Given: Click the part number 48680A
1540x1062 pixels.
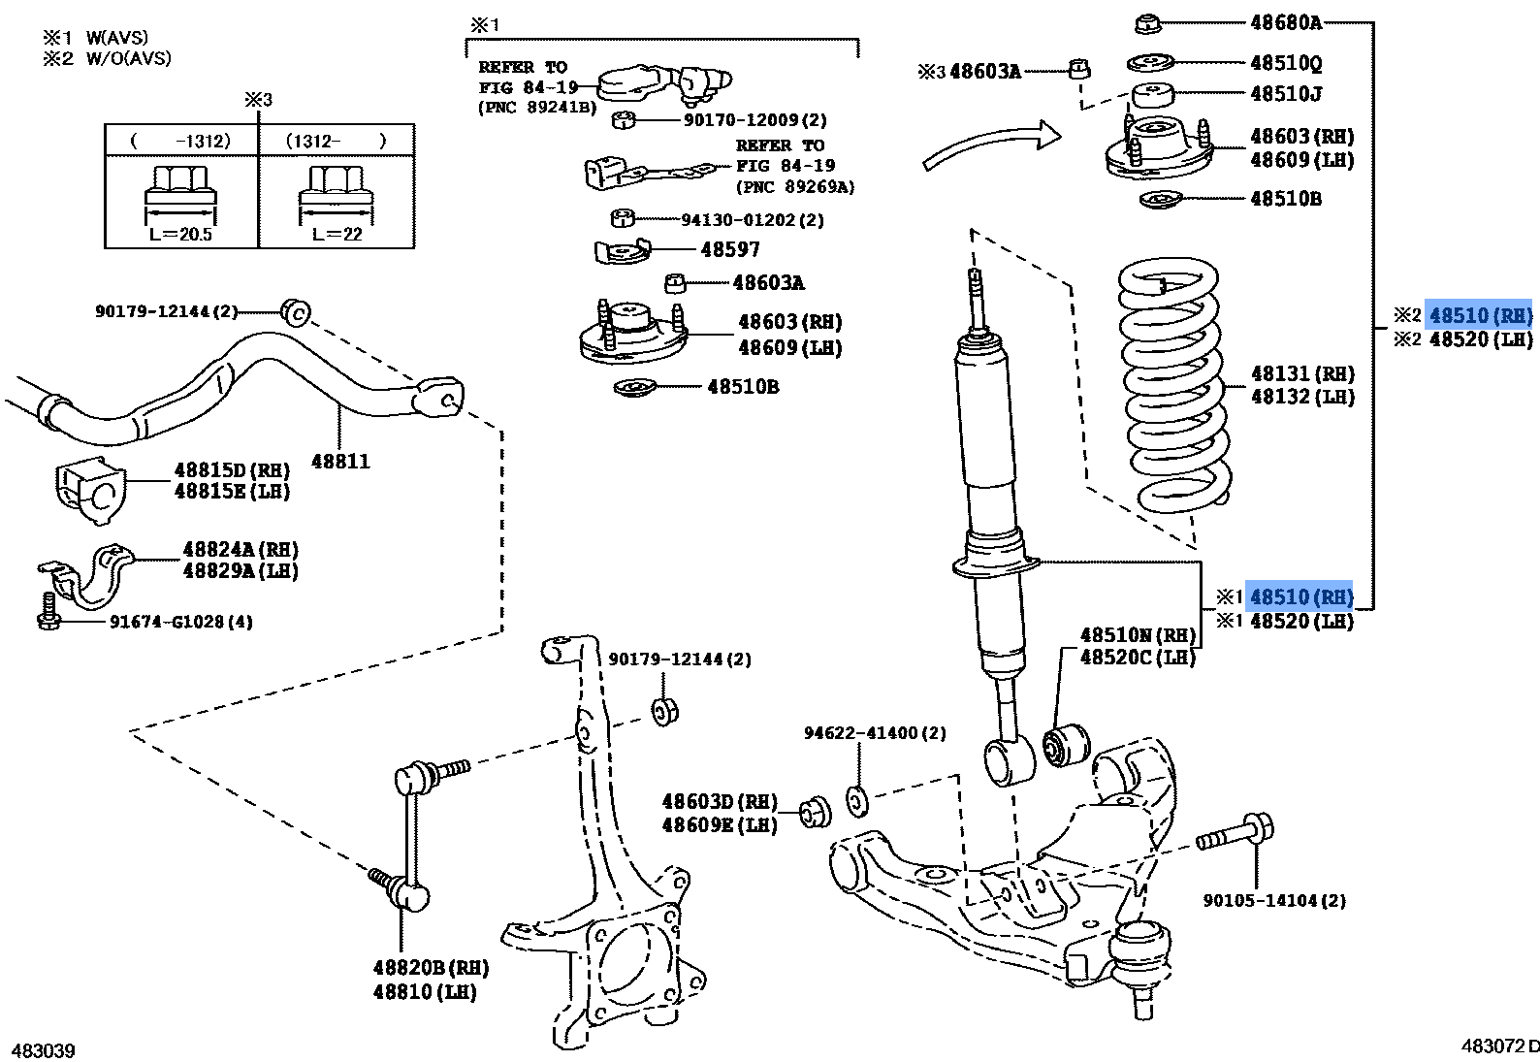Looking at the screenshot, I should click(x=1285, y=21).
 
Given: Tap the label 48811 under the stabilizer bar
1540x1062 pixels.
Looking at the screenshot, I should click(x=339, y=462).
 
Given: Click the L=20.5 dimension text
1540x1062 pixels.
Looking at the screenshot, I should click(x=181, y=235).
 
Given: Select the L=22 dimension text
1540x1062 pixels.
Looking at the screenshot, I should click(x=337, y=235).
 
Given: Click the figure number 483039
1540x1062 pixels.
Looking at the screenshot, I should click(x=43, y=1050).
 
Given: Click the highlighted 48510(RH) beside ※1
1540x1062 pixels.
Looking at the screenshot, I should click(x=1300, y=596).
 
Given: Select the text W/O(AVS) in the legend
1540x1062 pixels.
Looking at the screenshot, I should click(x=128, y=58).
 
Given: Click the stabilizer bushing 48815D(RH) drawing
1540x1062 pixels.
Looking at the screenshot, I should click(x=89, y=490).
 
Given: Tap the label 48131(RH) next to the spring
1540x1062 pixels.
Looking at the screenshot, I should click(x=1301, y=374).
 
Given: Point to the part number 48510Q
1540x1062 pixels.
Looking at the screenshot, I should click(x=1286, y=63).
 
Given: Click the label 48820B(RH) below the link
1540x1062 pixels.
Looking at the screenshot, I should click(x=431, y=968).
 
